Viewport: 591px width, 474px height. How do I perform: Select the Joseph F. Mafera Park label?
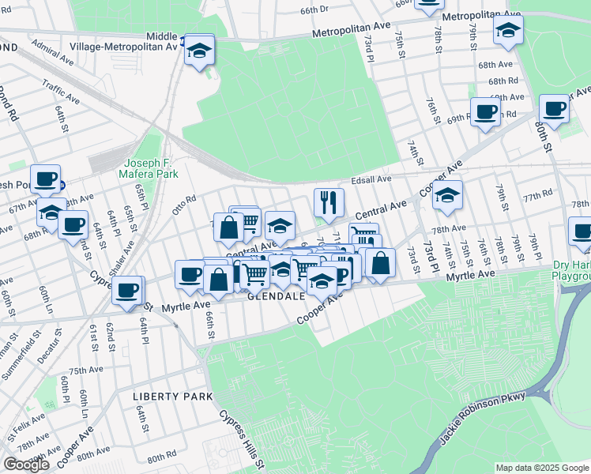[x=149, y=168]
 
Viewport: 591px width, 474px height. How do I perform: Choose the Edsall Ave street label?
[x=372, y=179]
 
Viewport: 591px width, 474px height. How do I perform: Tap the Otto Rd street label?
[x=183, y=205]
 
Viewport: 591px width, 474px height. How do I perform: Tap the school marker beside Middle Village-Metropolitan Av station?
[x=200, y=51]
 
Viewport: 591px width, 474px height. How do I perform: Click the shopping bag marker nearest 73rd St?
[x=380, y=263]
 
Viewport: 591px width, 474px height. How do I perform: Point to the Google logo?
[x=26, y=465]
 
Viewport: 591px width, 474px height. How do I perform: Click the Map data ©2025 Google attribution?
[x=542, y=468]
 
